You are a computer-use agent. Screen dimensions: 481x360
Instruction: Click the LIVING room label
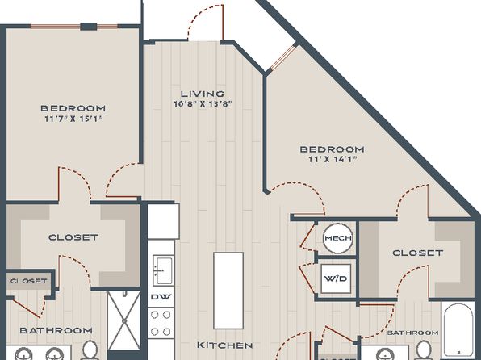[x=202, y=94]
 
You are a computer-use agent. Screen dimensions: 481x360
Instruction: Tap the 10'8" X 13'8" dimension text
[x=202, y=104]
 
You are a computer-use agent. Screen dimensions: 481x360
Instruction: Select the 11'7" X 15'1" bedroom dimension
[x=73, y=119]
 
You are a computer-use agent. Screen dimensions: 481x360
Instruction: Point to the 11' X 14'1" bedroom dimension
[x=333, y=159]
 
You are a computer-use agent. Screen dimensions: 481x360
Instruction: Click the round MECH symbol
[x=337, y=238]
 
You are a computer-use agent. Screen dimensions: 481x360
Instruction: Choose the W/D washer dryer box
[x=336, y=278]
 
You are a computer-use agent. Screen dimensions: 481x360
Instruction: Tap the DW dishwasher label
[x=161, y=297]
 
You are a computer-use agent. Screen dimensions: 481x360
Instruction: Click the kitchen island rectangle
[x=228, y=291]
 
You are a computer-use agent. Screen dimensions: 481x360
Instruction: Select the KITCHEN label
[x=225, y=345]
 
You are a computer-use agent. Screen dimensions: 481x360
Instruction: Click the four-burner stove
[x=161, y=323]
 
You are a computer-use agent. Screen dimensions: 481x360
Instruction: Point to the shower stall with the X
[x=124, y=320]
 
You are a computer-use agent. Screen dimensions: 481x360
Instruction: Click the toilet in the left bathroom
[x=90, y=350]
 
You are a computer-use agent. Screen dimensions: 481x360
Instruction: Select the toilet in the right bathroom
[x=424, y=350]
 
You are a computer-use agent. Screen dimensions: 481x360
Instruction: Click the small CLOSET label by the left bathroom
[x=29, y=281]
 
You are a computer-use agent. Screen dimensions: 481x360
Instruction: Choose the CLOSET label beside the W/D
[x=418, y=253]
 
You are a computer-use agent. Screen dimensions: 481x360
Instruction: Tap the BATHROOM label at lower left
[x=56, y=330]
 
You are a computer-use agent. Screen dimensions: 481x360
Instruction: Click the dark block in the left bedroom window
[x=89, y=27]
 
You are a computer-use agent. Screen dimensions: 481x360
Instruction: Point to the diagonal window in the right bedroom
[x=282, y=57]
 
